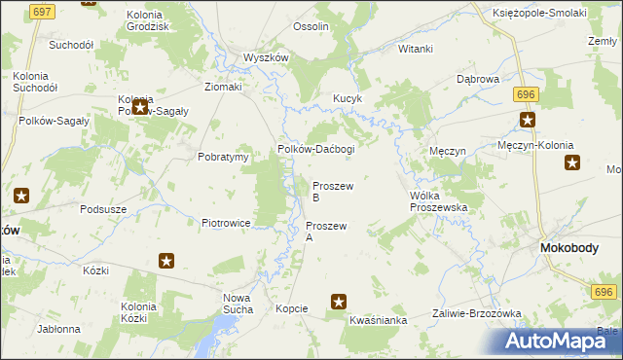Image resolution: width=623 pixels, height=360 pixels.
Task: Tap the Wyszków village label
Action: pyautogui.click(x=267, y=57)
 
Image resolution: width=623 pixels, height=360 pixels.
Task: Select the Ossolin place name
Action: pyautogui.click(x=311, y=26)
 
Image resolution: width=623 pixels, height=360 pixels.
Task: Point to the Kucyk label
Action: pyautogui.click(x=348, y=98)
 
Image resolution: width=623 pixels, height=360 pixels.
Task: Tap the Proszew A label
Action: pyautogui.click(x=326, y=231)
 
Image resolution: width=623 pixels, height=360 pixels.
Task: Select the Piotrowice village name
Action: pyautogui.click(x=227, y=223)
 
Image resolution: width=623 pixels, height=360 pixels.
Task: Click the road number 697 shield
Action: pyautogui.click(x=42, y=12)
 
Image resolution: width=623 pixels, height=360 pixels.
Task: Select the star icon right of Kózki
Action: pyautogui.click(x=166, y=261)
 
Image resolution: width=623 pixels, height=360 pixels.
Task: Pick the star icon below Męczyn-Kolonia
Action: pyautogui.click(x=571, y=162)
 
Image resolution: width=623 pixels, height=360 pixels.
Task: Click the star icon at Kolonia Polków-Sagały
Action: pyautogui.click(x=139, y=106)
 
